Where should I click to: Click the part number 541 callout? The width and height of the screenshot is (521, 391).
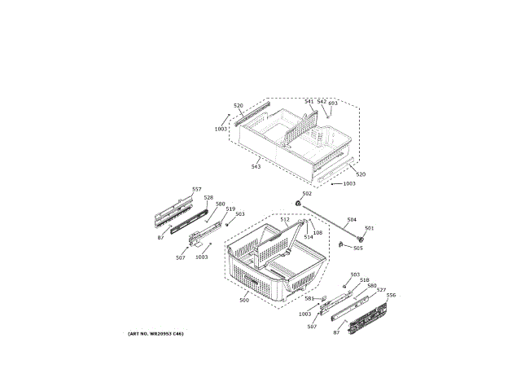click(309, 102)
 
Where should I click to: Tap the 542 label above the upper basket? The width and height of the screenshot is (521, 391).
click(322, 102)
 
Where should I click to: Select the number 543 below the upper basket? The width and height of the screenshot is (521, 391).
click(256, 166)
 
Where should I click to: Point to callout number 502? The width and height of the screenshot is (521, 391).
click(307, 193)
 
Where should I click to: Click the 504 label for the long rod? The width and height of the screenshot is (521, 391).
click(352, 220)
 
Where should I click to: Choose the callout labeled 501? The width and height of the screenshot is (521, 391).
click(369, 228)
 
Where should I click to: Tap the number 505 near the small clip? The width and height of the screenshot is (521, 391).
click(358, 248)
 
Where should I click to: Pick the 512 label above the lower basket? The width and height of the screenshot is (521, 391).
click(285, 220)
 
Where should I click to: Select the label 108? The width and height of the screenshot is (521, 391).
click(318, 233)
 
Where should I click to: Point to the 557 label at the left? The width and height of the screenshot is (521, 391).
click(196, 189)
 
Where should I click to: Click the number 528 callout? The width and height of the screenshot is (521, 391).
click(208, 197)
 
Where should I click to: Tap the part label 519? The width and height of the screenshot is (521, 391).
click(230, 209)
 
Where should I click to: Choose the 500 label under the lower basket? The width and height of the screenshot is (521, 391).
click(243, 301)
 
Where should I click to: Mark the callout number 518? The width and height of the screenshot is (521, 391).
click(364, 279)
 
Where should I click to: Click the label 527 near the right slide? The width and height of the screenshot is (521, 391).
click(381, 290)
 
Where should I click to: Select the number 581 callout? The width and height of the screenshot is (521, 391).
click(309, 298)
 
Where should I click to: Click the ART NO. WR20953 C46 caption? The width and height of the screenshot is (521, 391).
click(155, 335)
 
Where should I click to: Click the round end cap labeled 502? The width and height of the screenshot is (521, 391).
click(299, 202)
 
